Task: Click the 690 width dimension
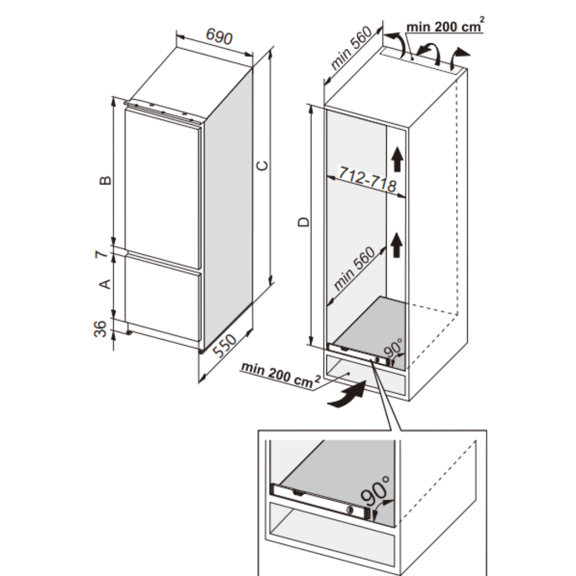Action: click(219, 36)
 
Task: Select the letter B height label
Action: click(106, 180)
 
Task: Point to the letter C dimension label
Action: click(262, 166)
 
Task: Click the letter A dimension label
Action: click(106, 284)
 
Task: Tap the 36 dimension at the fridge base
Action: click(100, 329)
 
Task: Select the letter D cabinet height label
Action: click(303, 222)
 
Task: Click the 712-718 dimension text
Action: click(367, 179)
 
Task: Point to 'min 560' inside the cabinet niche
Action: click(354, 268)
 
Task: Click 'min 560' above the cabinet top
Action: click(351, 48)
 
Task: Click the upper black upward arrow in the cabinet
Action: click(397, 159)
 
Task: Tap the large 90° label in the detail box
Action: click(375, 492)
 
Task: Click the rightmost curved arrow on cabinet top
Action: click(459, 58)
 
